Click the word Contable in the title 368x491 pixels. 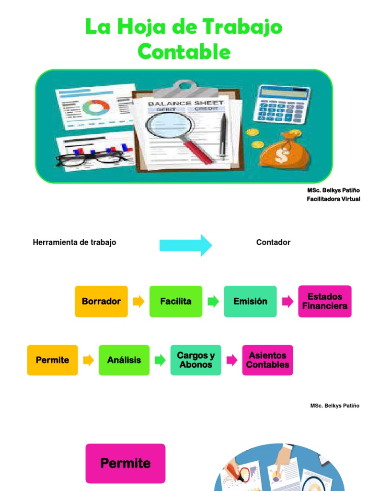(x=184, y=51)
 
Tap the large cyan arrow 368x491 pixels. (x=185, y=245)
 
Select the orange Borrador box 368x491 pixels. (x=102, y=301)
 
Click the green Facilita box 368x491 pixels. (x=176, y=301)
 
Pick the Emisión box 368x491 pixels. (x=250, y=301)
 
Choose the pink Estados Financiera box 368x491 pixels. (x=325, y=301)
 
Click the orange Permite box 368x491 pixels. (x=53, y=360)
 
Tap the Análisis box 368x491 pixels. (x=124, y=360)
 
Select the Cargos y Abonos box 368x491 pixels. (x=196, y=360)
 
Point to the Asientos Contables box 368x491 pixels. (x=267, y=360)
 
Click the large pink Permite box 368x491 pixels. (x=126, y=464)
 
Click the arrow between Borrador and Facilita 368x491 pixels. (x=138, y=302)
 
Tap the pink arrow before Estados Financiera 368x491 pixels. (x=287, y=302)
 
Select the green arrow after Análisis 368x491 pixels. (x=160, y=360)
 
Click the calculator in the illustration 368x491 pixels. (x=281, y=105)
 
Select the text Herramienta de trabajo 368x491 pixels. (x=74, y=242)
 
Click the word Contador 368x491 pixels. (x=273, y=242)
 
